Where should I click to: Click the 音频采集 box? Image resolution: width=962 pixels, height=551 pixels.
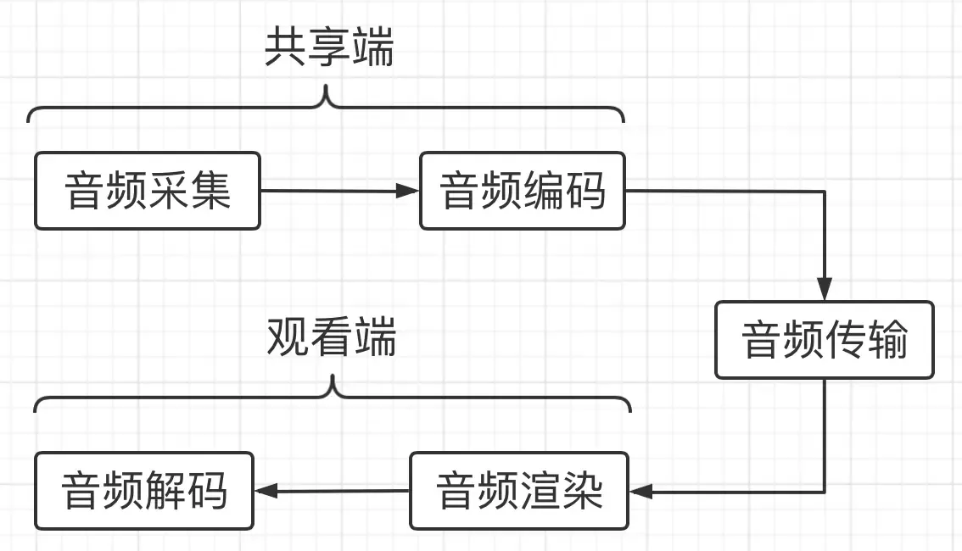pyautogui.click(x=147, y=191)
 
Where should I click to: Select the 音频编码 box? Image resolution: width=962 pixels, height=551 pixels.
pyautogui.click(x=523, y=191)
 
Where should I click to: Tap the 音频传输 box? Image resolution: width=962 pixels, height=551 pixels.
pyautogui.click(x=824, y=340)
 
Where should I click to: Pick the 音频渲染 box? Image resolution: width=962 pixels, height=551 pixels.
pyautogui.click(x=519, y=491)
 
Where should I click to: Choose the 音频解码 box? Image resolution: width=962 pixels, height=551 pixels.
pyautogui.click(x=144, y=491)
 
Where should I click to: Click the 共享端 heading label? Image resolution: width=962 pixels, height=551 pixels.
pyautogui.click(x=329, y=50)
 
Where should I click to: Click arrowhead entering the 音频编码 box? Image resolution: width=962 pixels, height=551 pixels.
pyautogui.click(x=411, y=191)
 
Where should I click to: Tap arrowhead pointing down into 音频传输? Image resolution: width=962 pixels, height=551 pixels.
pyautogui.click(x=824, y=291)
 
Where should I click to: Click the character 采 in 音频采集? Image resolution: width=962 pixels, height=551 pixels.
pyautogui.click(x=168, y=191)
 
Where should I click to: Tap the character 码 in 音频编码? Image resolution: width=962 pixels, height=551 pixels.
pyautogui.click(x=585, y=191)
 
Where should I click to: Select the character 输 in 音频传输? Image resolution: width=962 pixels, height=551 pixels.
pyautogui.click(x=886, y=340)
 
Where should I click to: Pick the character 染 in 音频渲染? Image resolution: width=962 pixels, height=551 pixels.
pyautogui.click(x=582, y=491)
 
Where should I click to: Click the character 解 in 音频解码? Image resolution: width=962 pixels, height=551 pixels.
pyautogui.click(x=166, y=491)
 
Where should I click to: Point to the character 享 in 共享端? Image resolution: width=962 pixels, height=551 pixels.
pyautogui.click(x=329, y=50)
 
